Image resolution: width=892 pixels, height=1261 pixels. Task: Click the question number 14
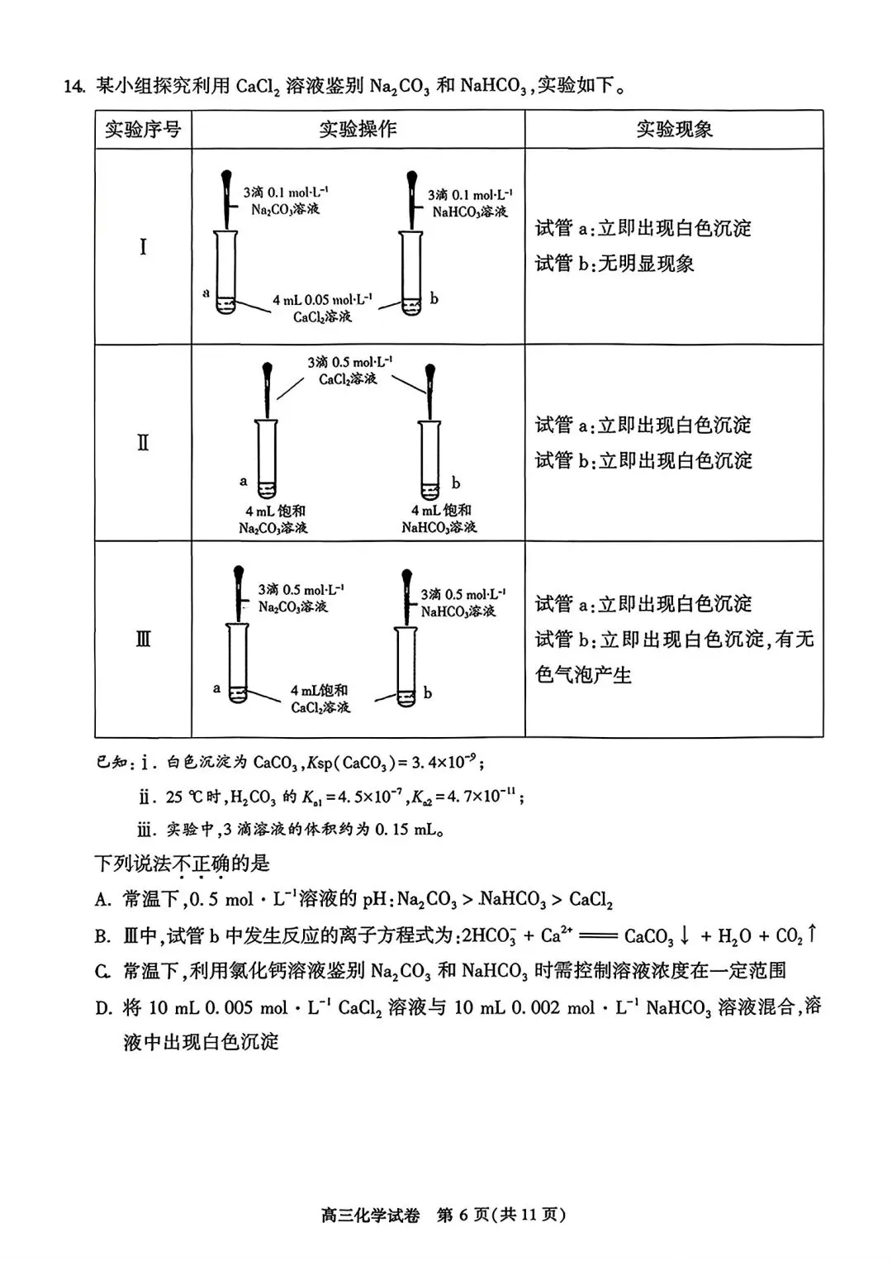pyautogui.click(x=74, y=86)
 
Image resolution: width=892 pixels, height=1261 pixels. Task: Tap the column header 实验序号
pyautogui.click(x=143, y=130)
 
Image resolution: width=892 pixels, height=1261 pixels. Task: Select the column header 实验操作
pyautogui.click(x=358, y=130)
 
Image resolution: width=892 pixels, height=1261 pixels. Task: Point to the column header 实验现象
pyautogui.click(x=674, y=130)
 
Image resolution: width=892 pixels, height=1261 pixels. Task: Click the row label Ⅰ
pyautogui.click(x=143, y=246)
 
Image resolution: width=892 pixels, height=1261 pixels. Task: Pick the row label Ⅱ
pyautogui.click(x=143, y=443)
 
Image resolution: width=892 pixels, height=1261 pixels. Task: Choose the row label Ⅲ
pyautogui.click(x=143, y=639)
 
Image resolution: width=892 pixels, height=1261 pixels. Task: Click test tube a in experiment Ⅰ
pyautogui.click(x=225, y=273)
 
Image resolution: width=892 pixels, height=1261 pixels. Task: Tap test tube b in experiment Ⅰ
pyautogui.click(x=411, y=273)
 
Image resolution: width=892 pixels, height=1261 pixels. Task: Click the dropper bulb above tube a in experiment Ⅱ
pyautogui.click(x=268, y=369)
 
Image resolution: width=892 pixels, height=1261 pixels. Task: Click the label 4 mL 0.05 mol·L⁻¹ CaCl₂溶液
pyautogui.click(x=323, y=308)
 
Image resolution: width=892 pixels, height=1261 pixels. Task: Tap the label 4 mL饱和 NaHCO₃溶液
pyautogui.click(x=440, y=519)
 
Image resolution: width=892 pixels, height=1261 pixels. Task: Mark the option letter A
pyautogui.click(x=102, y=900)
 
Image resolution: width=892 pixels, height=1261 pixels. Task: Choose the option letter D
pyautogui.click(x=103, y=1008)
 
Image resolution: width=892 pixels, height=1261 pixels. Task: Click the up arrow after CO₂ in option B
pyautogui.click(x=813, y=934)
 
